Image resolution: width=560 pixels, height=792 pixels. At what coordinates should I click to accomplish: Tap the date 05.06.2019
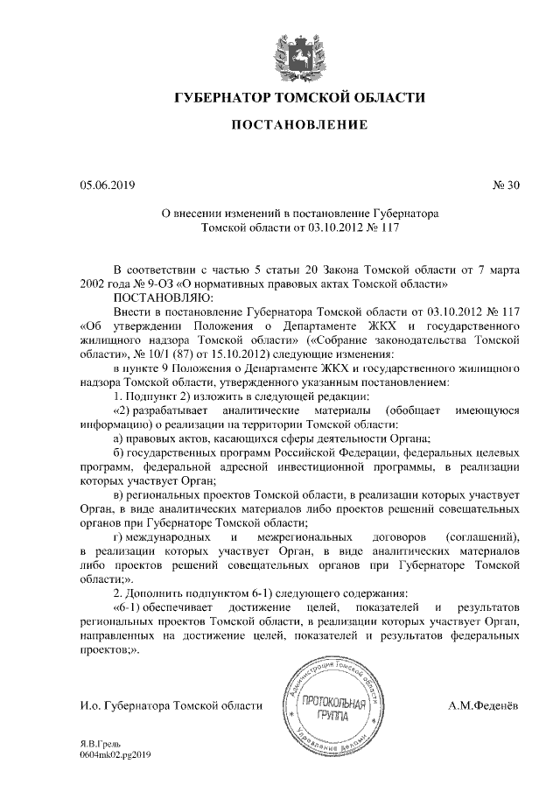107,185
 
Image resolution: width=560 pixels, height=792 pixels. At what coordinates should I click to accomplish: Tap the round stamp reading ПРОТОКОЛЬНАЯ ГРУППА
328,705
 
